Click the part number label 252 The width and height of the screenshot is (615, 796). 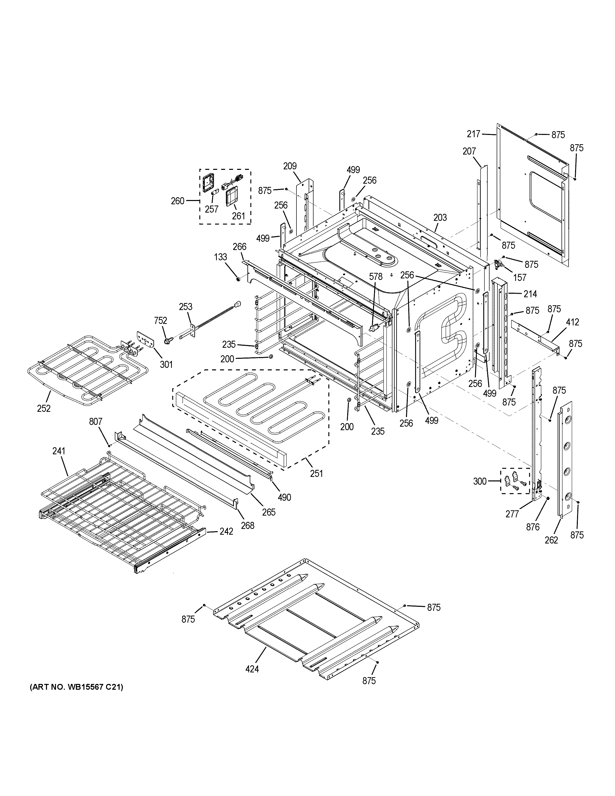(43, 409)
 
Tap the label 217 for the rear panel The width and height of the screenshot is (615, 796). (474, 134)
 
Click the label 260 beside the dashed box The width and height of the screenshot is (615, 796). (178, 201)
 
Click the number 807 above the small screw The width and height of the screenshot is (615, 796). (96, 422)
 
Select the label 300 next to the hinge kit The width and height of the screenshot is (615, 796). (480, 481)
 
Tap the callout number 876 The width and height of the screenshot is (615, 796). (533, 527)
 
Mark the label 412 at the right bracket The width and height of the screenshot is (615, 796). (572, 322)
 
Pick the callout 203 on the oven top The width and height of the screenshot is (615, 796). (440, 218)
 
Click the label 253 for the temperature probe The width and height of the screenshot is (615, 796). (185, 307)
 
